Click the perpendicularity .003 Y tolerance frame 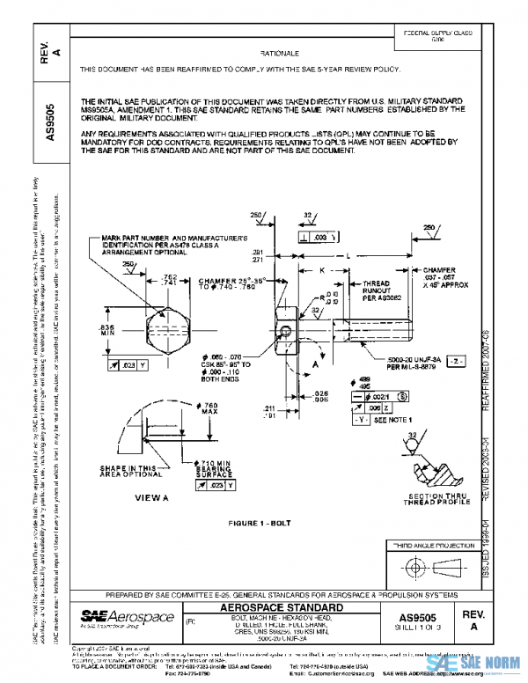[x=319, y=238]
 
